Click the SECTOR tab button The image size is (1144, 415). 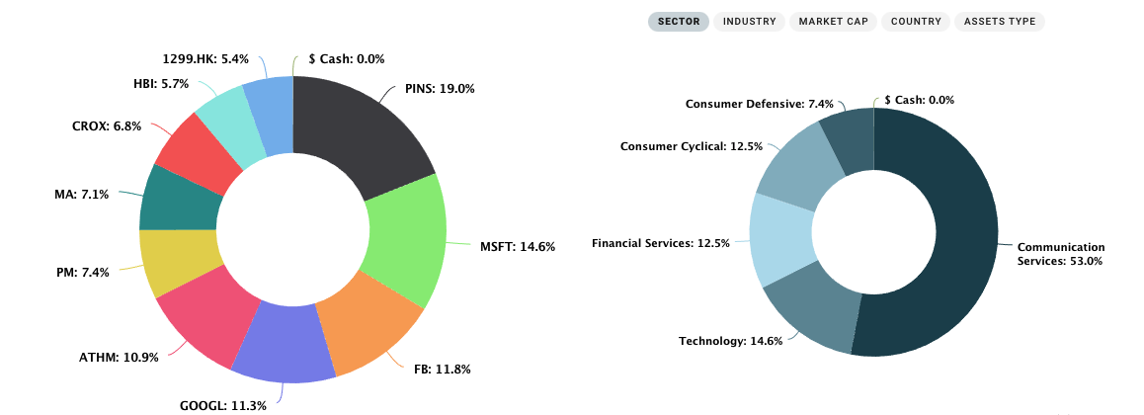pos(679,21)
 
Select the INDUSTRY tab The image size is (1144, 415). pos(749,21)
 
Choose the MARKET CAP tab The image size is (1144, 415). pos(834,21)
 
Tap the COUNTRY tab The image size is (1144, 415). pos(916,21)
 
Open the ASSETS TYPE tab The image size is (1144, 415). pos(999,21)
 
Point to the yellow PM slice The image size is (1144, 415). pos(176,261)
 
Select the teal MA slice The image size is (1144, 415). pos(178,198)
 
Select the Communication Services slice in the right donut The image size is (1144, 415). pos(948,237)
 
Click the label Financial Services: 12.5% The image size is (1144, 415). pos(660,242)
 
